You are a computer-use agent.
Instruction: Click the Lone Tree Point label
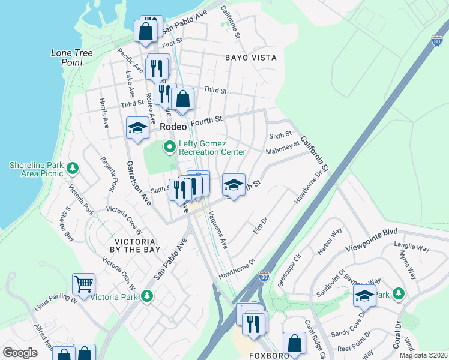click(x=71, y=58)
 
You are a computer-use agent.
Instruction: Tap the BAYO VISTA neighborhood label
click(x=250, y=58)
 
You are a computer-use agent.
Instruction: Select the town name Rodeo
click(x=173, y=127)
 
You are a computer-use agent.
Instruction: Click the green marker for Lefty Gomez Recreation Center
click(x=170, y=146)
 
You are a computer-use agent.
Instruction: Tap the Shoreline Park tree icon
click(x=73, y=167)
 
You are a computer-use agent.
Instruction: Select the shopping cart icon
click(x=83, y=283)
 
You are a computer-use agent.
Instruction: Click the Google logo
click(x=20, y=353)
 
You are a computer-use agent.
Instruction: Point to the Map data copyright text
click(x=423, y=355)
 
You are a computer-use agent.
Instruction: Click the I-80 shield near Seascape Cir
click(x=264, y=275)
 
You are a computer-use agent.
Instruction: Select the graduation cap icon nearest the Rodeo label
click(x=137, y=127)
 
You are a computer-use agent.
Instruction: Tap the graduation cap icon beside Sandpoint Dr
click(x=364, y=295)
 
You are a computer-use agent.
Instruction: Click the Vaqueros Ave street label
click(x=217, y=230)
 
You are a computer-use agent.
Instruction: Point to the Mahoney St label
click(x=282, y=147)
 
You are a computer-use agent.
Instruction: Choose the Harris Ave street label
click(x=104, y=114)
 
